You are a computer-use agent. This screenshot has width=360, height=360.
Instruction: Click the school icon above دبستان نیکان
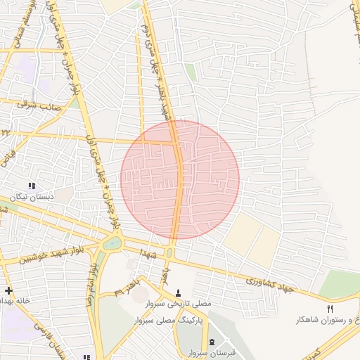[30, 186]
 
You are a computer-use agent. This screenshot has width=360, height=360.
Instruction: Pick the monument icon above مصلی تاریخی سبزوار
[178, 293]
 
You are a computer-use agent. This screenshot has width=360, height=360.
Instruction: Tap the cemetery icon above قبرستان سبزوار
[212, 342]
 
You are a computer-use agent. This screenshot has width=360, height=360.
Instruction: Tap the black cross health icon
[8, 290]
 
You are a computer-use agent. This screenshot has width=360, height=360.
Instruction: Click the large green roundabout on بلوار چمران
[111, 244]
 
